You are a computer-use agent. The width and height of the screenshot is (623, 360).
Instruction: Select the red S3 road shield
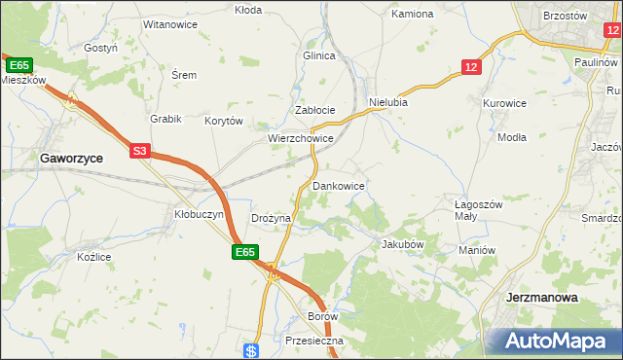click(140, 151)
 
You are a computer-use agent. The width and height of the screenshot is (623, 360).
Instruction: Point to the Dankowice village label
click(339, 185)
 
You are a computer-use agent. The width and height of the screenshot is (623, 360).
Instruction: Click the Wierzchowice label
click(302, 139)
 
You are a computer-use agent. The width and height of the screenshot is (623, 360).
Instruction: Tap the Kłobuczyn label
click(199, 213)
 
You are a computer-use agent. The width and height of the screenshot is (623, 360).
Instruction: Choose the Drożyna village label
click(272, 219)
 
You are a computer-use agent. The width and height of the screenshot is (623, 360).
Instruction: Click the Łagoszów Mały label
click(478, 210)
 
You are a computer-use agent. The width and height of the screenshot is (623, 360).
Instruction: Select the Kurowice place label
click(504, 102)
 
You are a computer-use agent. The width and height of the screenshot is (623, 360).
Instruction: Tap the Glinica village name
click(319, 55)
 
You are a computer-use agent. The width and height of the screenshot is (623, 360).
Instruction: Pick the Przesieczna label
click(310, 341)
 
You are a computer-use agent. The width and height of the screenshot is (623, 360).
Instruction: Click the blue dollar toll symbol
click(251, 350)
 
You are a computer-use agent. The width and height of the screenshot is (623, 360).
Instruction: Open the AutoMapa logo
click(558, 342)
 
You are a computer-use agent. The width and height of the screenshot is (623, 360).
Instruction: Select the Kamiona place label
click(412, 15)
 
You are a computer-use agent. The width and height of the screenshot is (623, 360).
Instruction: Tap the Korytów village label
click(223, 122)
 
